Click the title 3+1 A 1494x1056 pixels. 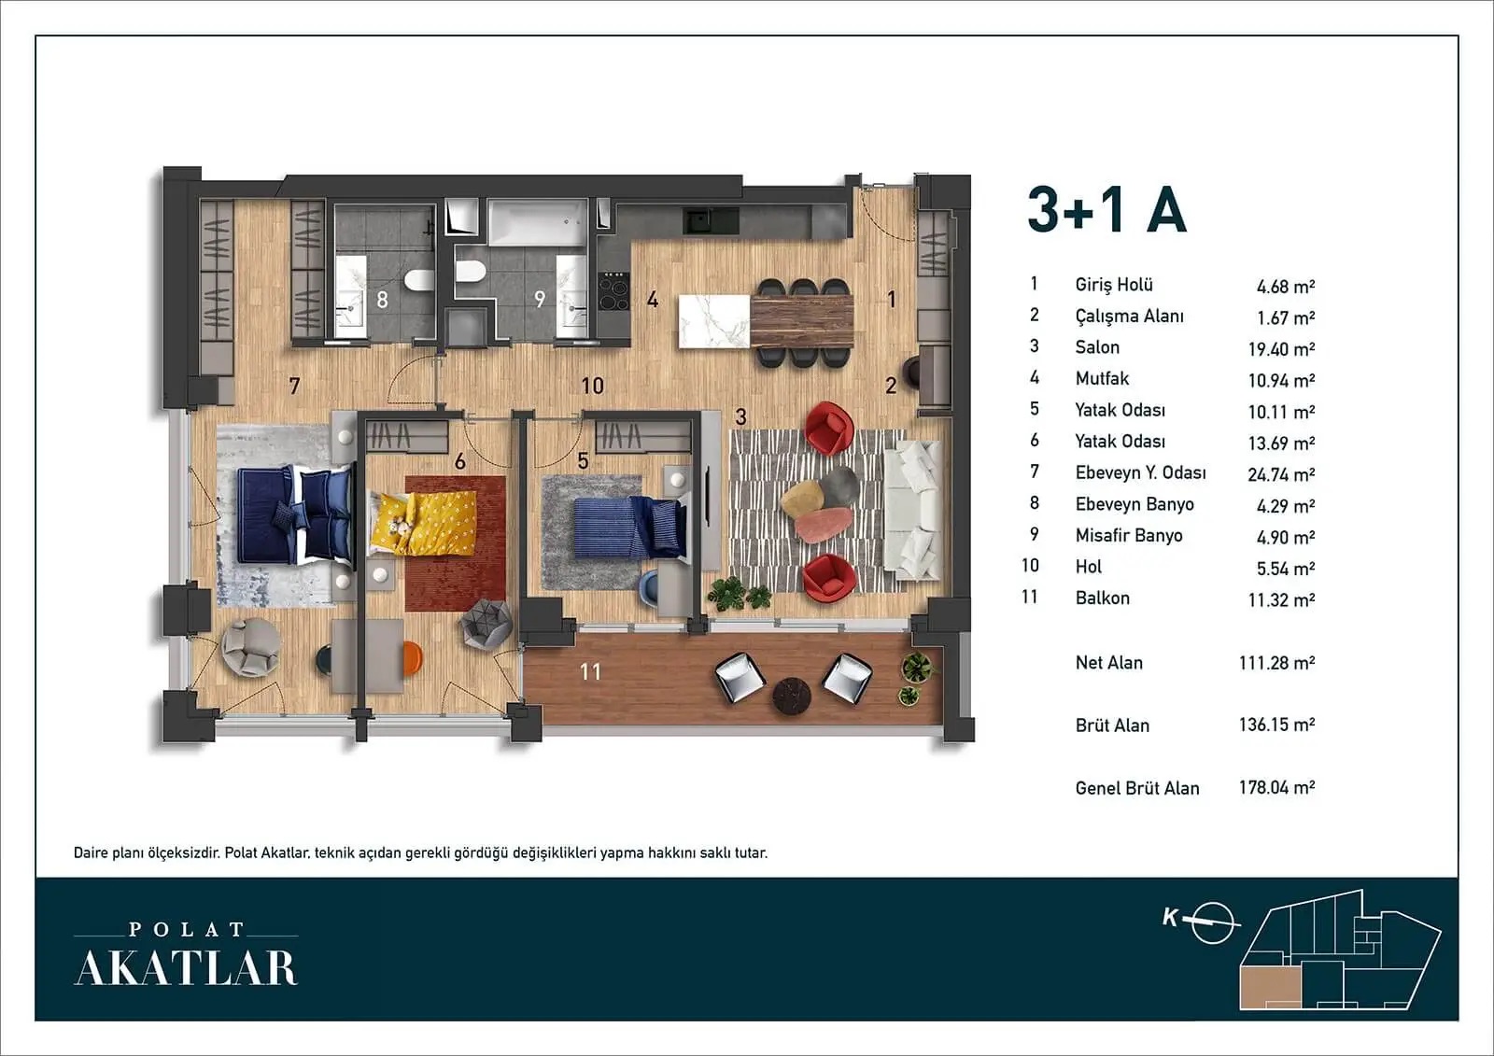1107,209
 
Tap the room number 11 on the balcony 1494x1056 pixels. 590,671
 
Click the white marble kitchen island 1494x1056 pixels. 714,321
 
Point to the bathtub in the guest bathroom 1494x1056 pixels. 538,222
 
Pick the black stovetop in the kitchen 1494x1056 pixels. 613,291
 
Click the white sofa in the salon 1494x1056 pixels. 913,510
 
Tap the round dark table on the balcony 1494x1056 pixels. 791,696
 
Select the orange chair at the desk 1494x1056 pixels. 412,657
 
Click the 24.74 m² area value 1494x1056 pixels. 1281,474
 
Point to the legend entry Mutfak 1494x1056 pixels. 1102,378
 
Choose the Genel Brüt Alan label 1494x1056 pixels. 1137,788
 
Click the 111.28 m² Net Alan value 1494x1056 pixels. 1276,662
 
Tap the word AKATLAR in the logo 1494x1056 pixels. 186,968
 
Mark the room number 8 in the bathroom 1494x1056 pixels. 382,300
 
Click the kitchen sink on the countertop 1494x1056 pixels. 698,220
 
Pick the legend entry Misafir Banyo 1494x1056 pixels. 1129,535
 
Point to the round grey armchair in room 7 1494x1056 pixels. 251,647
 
